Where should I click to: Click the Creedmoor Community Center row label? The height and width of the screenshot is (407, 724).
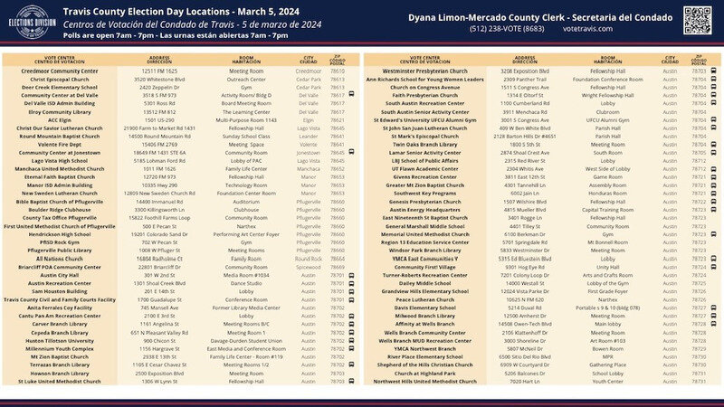pyautogui.click(x=60, y=70)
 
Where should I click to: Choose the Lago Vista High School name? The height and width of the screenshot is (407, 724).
pyautogui.click(x=60, y=161)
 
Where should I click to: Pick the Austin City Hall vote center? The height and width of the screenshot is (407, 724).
pyautogui.click(x=60, y=275)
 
